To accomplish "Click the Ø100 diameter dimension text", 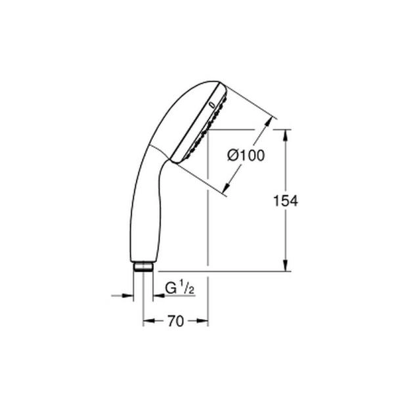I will pyautogui.click(x=246, y=156).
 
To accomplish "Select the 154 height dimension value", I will pyautogui.click(x=285, y=202).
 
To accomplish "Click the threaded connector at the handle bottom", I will pyautogui.click(x=143, y=267).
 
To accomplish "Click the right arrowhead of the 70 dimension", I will pyautogui.click(x=204, y=321).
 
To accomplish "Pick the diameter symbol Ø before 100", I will pyautogui.click(x=232, y=156).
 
